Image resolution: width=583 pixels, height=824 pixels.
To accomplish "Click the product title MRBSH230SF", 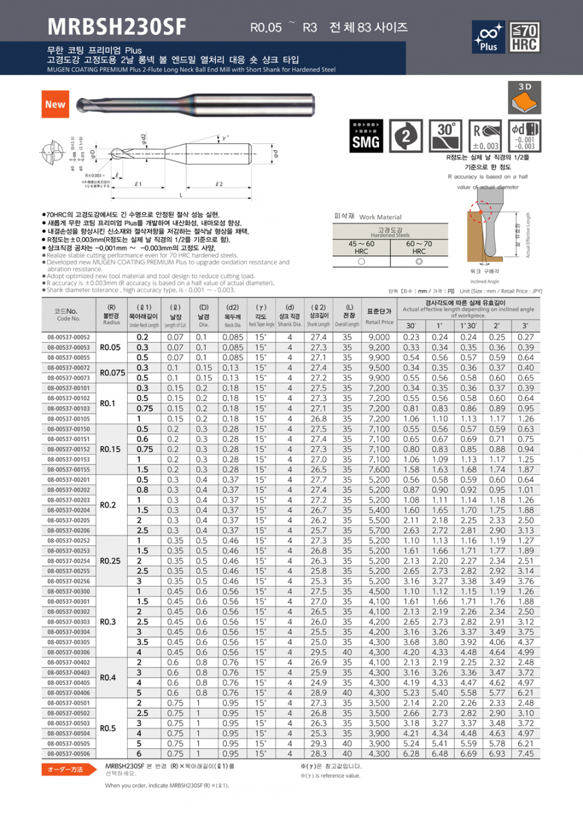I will point(117,27).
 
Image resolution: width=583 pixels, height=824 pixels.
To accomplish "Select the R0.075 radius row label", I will point(112,372).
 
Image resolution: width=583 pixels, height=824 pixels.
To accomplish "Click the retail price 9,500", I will point(379,367).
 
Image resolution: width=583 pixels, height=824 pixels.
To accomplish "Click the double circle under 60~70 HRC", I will point(419,260).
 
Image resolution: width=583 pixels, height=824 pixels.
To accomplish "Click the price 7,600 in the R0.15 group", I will point(379,469).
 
